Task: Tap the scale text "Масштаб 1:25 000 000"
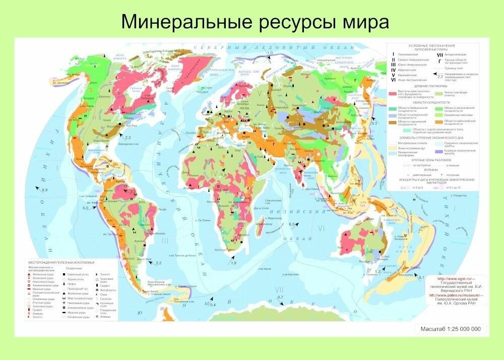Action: click(451, 329)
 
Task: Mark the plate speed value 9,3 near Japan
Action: click(374, 123)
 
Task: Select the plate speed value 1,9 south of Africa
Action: click(233, 263)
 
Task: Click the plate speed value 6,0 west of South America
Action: click(85, 208)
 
